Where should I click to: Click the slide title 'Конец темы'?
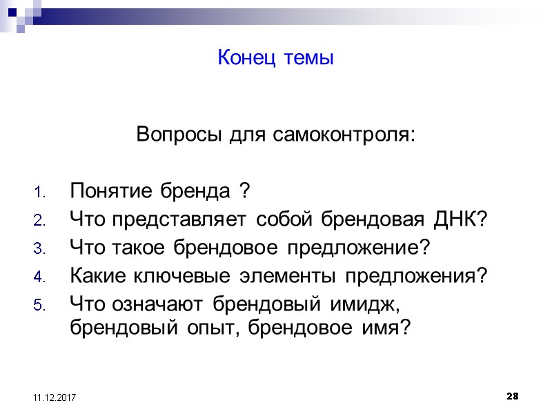(x=275, y=58)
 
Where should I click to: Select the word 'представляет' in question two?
(x=179, y=219)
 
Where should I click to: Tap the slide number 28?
(x=512, y=397)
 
